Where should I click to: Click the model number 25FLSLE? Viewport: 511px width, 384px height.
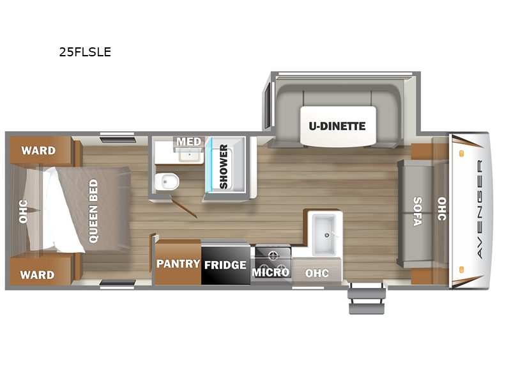[85, 52]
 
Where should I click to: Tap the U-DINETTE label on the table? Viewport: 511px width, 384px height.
[337, 126]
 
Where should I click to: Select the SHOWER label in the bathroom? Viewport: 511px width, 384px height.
[224, 167]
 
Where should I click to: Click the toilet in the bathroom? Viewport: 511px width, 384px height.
[167, 181]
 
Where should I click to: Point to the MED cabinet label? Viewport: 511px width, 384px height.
[189, 141]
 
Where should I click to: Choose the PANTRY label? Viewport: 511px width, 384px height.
[178, 264]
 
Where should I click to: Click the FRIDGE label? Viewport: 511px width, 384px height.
[225, 265]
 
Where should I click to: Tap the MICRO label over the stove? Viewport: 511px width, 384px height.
[271, 272]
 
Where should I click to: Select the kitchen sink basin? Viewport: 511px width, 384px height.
[324, 234]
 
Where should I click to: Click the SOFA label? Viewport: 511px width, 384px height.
[418, 211]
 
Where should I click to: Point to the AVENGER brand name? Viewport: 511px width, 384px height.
[480, 209]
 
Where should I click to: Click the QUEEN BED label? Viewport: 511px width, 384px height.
[93, 211]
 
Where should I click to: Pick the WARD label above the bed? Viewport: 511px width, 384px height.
[38, 150]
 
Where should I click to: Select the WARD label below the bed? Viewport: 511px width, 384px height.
[37, 275]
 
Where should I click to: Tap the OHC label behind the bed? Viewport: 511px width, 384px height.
[23, 211]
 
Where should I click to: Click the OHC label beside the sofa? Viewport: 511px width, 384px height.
[442, 209]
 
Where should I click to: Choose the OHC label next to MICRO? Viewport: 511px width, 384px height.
[317, 273]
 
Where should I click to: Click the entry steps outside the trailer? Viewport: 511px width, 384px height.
[367, 298]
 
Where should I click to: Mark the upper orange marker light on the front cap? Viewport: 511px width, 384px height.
[461, 154]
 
